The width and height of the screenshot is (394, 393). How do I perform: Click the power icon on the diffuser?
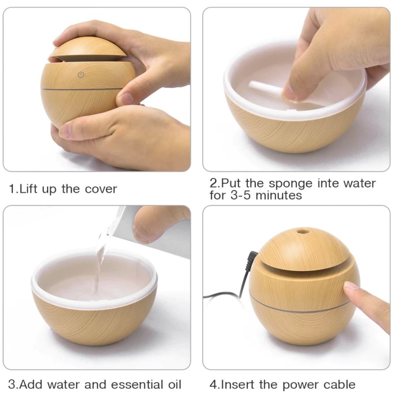pyautogui.click(x=81, y=75)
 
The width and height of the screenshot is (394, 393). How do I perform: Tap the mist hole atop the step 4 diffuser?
pyautogui.click(x=302, y=231)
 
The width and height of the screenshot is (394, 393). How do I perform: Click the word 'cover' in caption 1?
pyautogui.click(x=101, y=189)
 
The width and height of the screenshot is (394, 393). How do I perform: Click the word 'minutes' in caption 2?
pyautogui.click(x=280, y=195)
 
